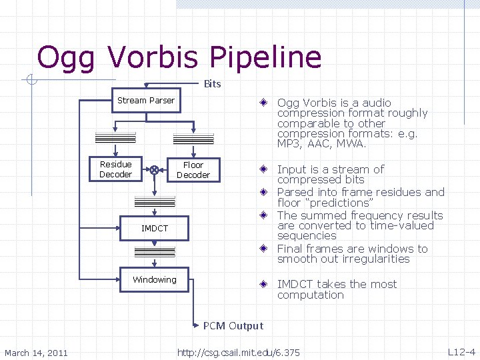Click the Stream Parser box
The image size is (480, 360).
tap(145, 101)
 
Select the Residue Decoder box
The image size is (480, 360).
tap(115, 169)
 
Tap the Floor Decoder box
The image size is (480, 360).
tap(193, 170)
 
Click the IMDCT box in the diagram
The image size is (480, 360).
tap(155, 229)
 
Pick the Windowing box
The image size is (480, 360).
tap(154, 280)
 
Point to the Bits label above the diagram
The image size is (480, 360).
tap(212, 84)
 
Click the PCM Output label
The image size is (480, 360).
tap(233, 326)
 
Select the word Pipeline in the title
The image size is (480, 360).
tap(265, 58)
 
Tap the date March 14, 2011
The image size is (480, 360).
tap(36, 353)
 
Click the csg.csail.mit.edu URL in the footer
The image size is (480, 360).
tap(238, 353)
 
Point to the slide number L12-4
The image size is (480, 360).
tap(461, 352)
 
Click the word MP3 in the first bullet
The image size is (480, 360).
tap(289, 144)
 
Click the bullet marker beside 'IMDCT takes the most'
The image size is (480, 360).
tap(264, 285)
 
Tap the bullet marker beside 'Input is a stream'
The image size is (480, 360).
tap(264, 170)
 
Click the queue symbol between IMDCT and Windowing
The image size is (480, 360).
tap(155, 252)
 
